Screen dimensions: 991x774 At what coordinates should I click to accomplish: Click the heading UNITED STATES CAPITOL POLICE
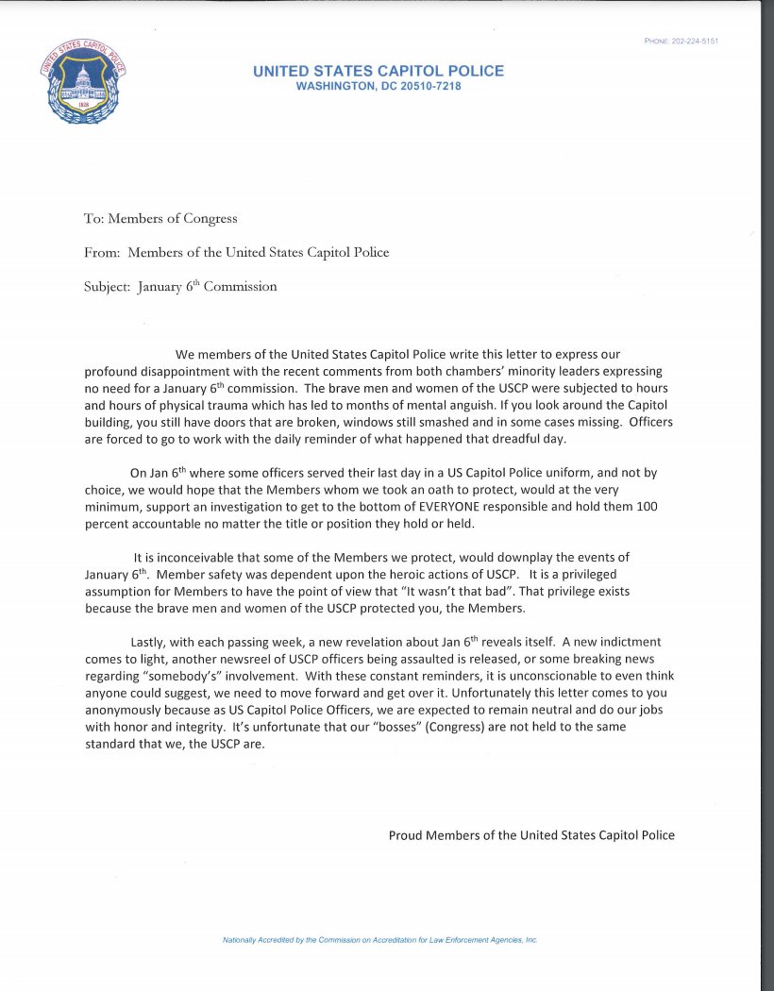point(379,71)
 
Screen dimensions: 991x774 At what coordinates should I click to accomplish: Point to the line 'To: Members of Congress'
point(160,218)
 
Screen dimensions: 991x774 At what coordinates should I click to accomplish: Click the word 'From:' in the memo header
point(102,252)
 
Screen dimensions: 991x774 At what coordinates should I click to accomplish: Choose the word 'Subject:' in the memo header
point(107,286)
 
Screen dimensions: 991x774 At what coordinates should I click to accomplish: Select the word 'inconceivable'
point(188,558)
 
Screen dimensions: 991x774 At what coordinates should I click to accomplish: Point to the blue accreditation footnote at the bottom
point(379,940)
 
